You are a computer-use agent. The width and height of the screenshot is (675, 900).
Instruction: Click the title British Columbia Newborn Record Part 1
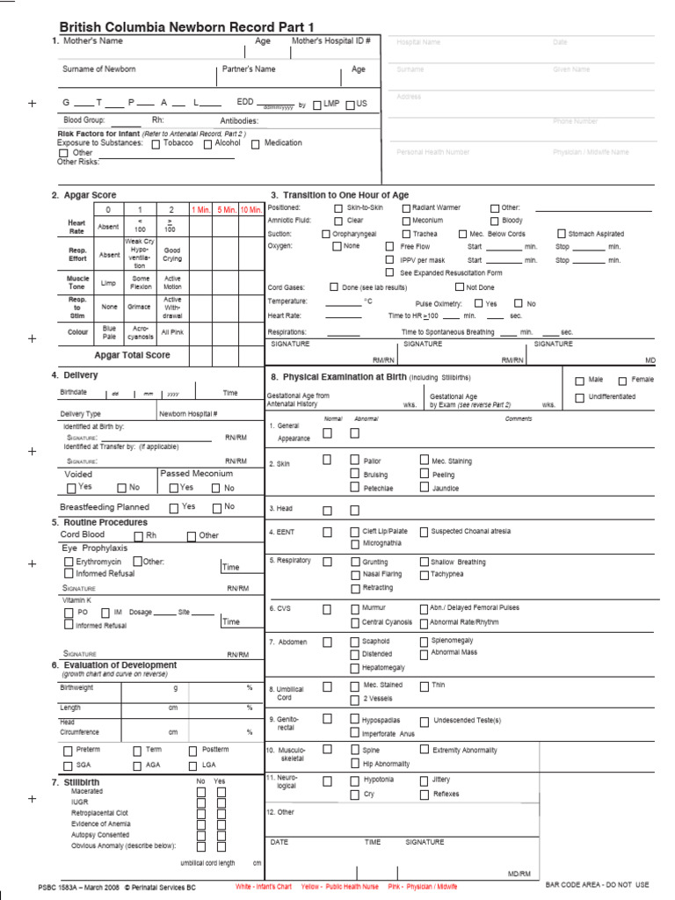186,27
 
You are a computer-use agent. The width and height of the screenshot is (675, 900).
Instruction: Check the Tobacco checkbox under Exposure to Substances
156,143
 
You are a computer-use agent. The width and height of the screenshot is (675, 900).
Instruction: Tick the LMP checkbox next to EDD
317,105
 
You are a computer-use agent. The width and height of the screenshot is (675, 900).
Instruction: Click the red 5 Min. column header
226,209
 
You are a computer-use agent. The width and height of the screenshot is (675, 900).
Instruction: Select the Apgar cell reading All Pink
172,333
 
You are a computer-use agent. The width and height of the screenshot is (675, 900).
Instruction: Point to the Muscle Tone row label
77,282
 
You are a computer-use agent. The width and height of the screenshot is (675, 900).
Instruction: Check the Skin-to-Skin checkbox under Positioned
338,208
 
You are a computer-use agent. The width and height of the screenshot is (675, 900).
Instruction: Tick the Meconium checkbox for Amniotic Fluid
406,221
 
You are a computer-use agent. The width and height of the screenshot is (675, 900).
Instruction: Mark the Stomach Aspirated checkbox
561,235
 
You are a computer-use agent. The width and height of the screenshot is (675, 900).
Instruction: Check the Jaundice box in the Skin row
425,488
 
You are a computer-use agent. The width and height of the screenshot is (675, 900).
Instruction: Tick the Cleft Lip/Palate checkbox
355,532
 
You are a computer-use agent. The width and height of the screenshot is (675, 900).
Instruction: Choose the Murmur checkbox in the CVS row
355,608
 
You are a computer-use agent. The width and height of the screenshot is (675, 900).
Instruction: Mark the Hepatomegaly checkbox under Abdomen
355,668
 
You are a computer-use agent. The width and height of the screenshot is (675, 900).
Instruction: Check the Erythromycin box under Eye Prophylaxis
69,561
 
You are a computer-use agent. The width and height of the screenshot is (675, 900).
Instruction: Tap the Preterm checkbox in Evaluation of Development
69,751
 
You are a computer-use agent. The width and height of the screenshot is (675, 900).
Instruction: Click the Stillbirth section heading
82,781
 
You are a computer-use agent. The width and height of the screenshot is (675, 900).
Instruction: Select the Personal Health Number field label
433,152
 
